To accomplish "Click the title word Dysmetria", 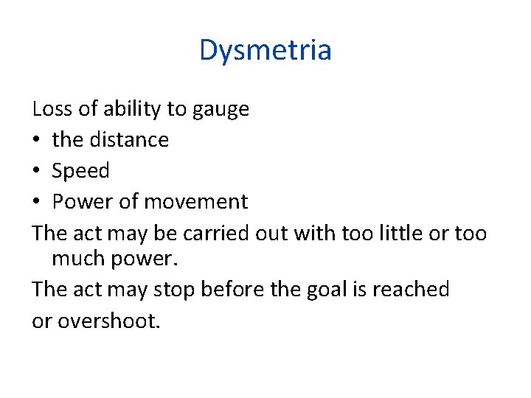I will click(x=265, y=50).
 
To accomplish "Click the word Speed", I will click(x=80, y=171).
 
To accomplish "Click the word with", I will click(x=313, y=233).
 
